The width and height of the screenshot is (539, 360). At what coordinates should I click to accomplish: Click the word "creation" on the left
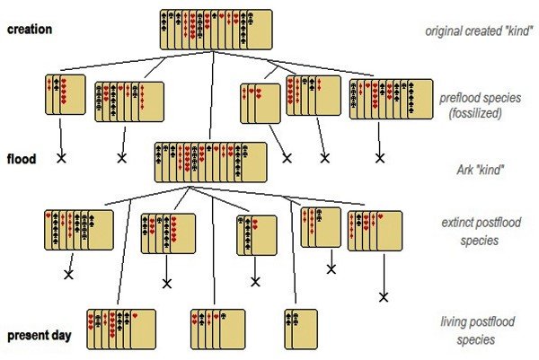tap(30, 30)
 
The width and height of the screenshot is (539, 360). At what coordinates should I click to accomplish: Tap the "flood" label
tap(21, 160)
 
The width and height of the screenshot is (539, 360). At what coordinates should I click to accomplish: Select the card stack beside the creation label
tap(215, 29)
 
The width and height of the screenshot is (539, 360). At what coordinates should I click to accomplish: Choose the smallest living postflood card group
tap(299, 329)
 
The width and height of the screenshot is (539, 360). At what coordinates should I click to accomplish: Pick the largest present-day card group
tap(120, 329)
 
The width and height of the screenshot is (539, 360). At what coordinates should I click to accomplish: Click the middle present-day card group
tap(217, 329)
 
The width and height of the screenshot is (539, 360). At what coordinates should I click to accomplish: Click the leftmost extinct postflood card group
tap(78, 230)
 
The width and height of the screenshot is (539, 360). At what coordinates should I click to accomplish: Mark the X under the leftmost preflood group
tap(61, 158)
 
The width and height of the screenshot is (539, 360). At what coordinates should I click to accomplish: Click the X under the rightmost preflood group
tap(380, 158)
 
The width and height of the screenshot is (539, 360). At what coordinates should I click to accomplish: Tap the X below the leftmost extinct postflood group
tap(70, 275)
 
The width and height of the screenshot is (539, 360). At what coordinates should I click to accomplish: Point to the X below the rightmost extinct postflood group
tap(384, 296)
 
